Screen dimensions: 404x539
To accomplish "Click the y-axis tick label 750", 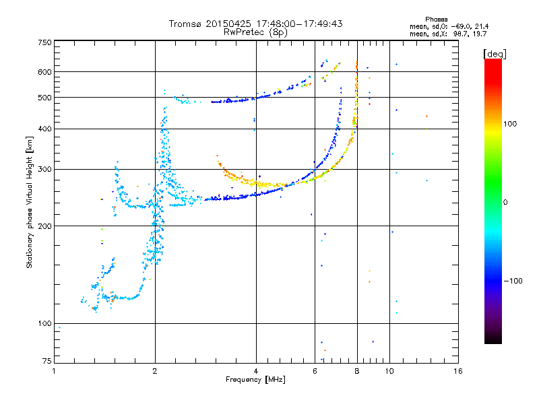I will [x=44, y=42].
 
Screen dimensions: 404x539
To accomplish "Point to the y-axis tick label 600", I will [x=44, y=71].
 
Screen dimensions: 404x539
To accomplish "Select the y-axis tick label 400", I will [x=44, y=129].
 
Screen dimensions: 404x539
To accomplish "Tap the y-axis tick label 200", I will [x=44, y=226].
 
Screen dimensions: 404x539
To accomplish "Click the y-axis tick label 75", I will [x=46, y=362].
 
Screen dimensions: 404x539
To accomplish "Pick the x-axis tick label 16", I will [x=457, y=371].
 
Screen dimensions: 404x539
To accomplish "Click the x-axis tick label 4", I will [x=256, y=371].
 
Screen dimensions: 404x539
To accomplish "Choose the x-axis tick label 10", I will [x=389, y=371].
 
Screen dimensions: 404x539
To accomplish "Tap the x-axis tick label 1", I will [x=55, y=371].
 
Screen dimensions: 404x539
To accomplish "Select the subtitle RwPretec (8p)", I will [x=255, y=32].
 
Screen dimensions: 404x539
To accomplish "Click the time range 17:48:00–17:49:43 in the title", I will [x=296, y=24].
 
